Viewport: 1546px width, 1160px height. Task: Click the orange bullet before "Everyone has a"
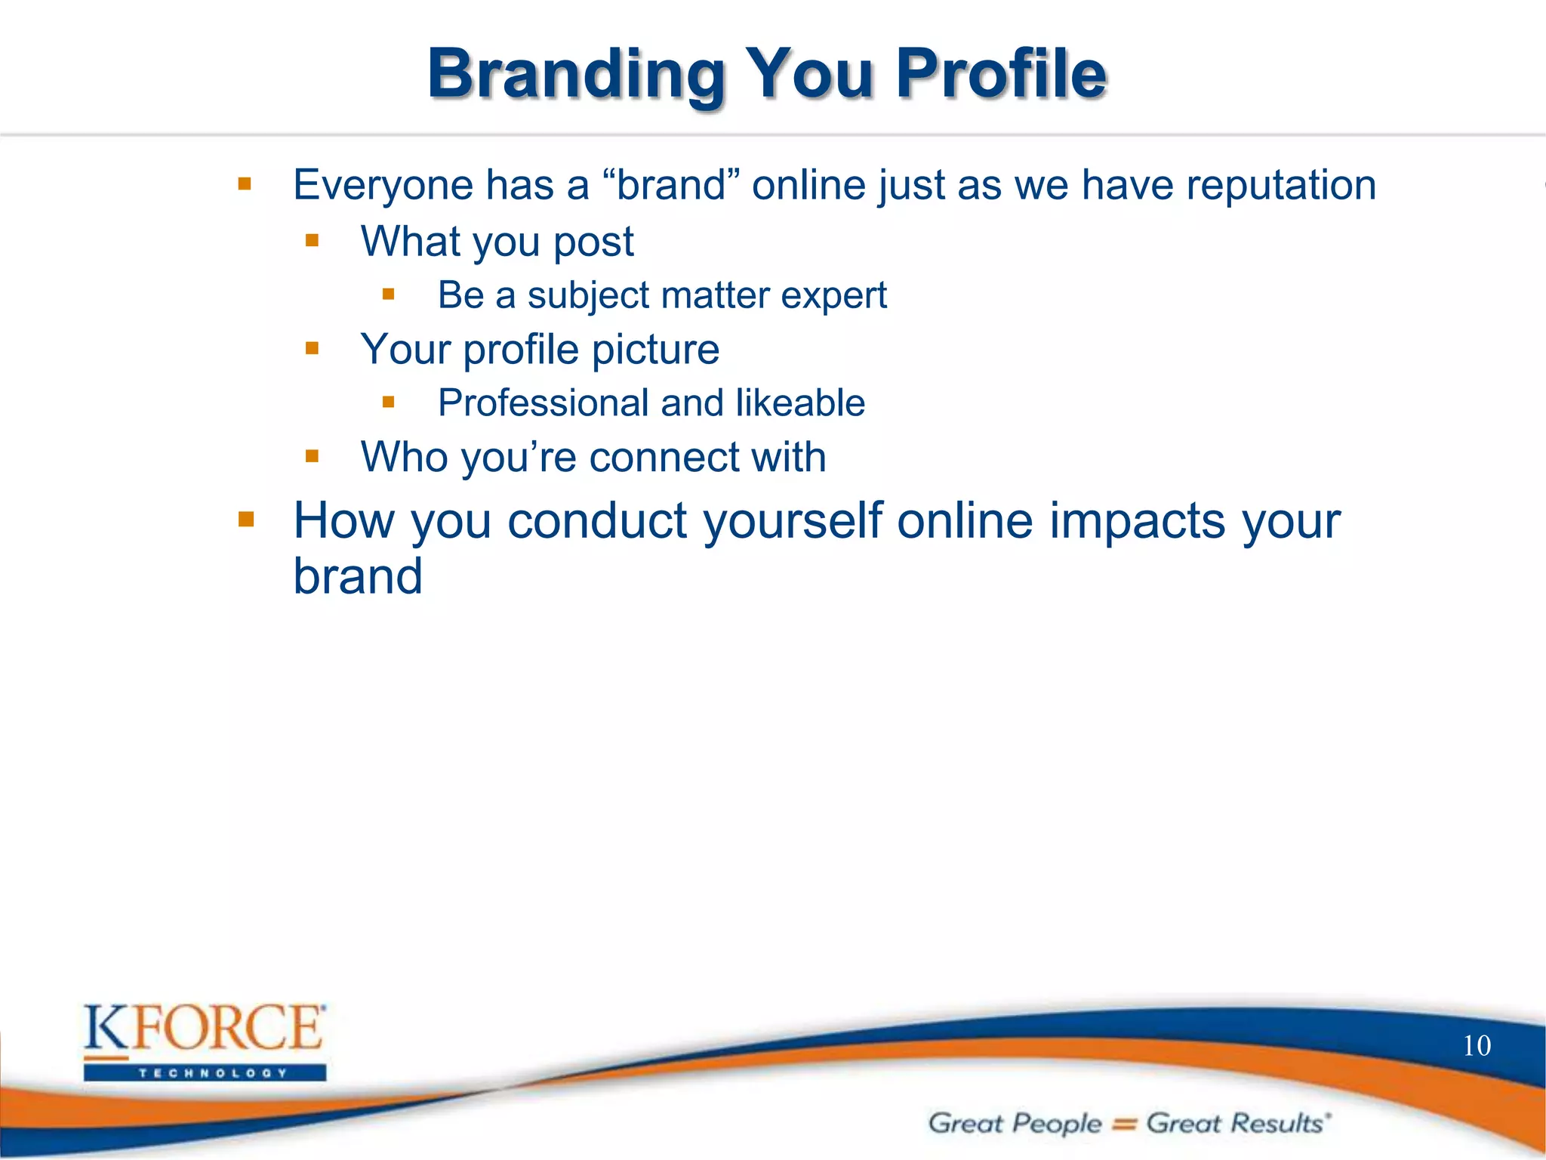[245, 184]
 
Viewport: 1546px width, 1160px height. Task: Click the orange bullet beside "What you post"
[313, 241]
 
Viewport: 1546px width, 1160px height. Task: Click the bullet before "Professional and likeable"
[389, 402]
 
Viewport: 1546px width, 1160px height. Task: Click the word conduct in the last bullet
[596, 521]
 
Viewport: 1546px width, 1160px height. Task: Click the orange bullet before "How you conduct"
[246, 520]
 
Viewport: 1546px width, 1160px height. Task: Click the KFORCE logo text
[204, 1028]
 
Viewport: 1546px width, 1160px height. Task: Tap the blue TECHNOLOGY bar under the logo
[205, 1073]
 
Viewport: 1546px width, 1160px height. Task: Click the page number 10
[1477, 1046]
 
